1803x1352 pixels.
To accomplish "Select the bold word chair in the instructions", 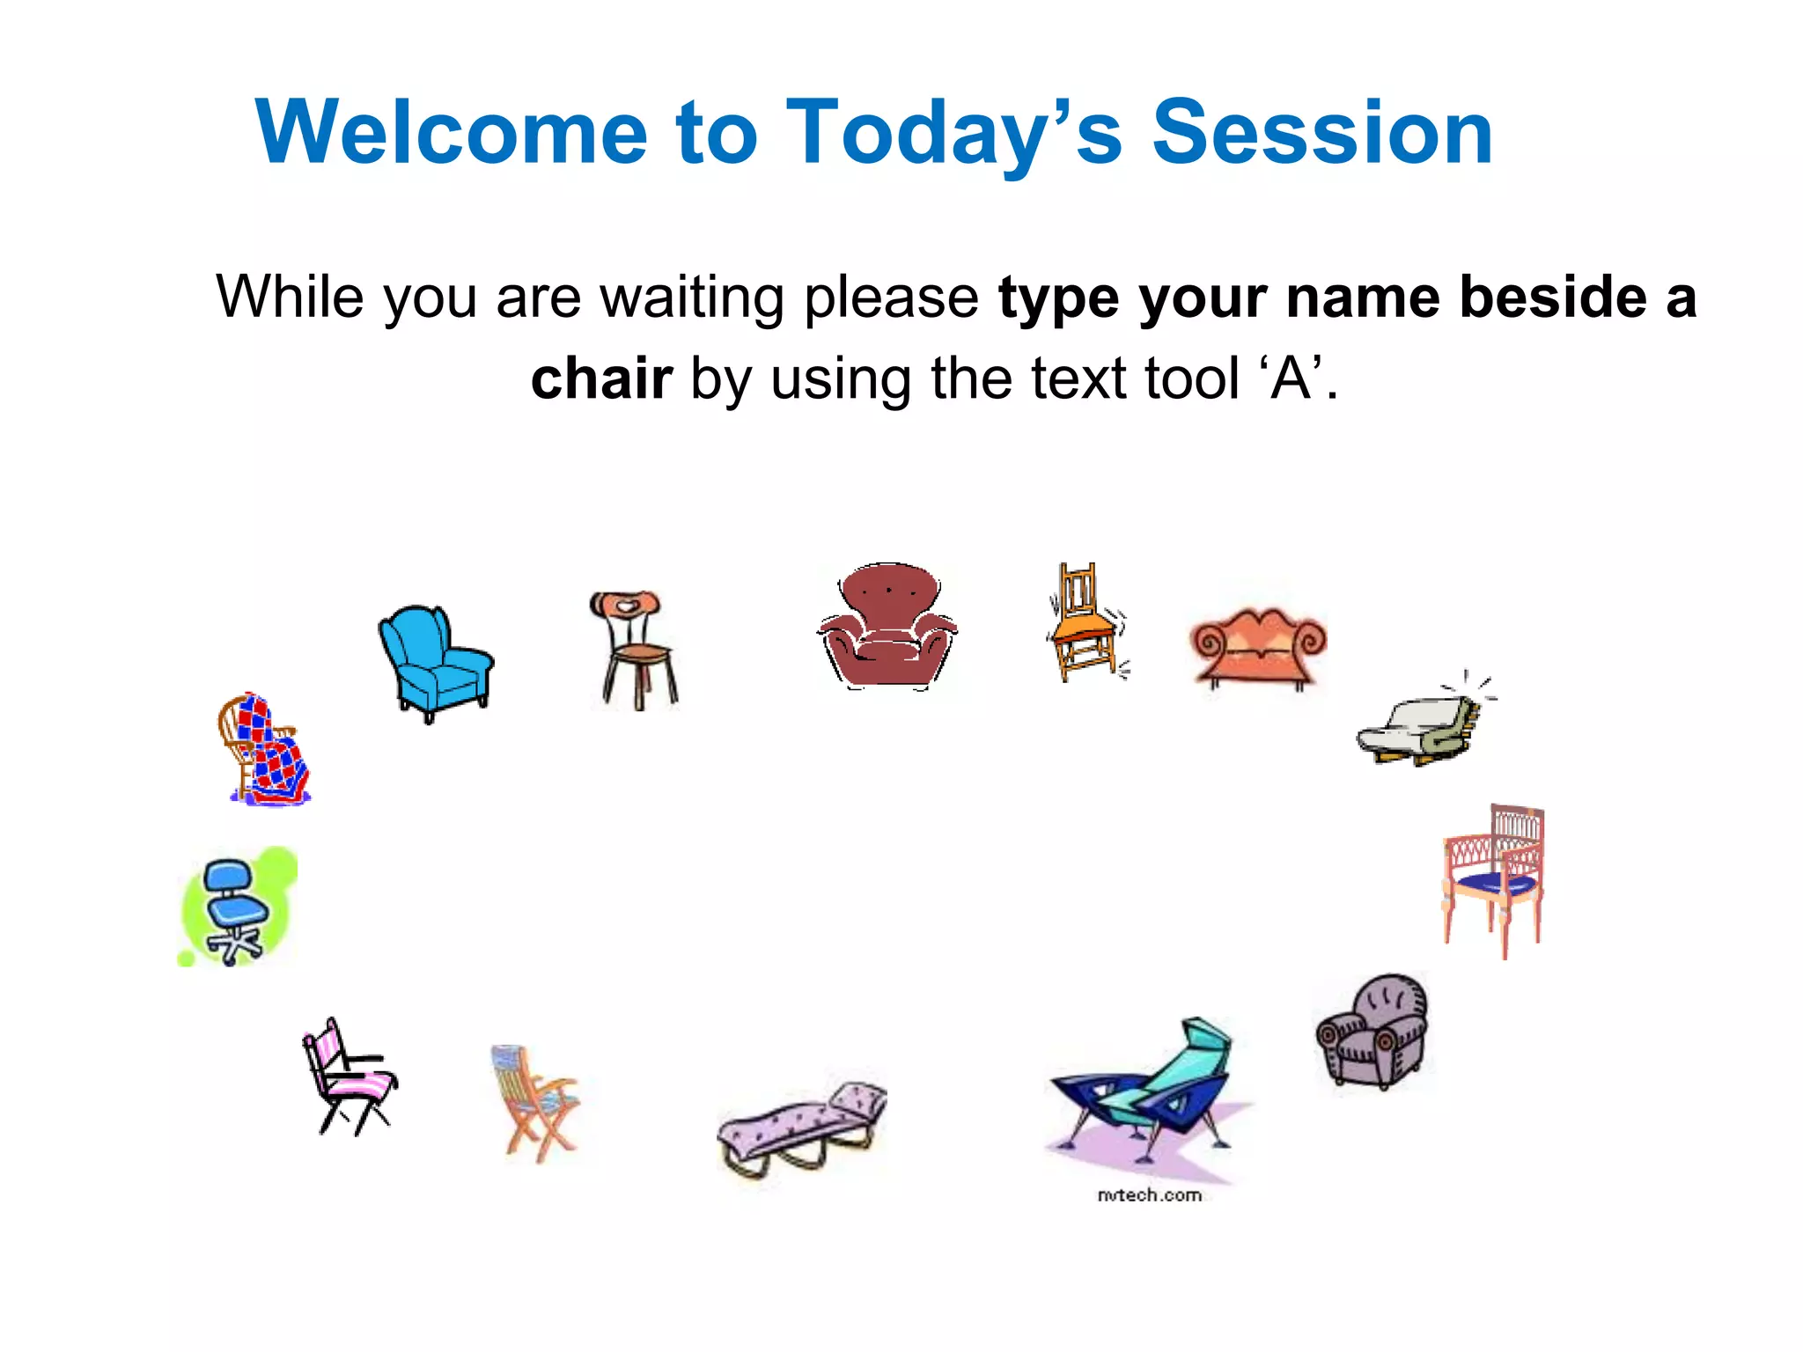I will click(601, 378).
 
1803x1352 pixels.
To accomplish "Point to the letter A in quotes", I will click(1292, 378).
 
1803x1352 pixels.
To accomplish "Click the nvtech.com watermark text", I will click(1149, 1194).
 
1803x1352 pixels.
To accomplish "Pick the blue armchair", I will click(436, 663).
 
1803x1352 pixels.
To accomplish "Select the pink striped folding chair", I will click(350, 1076).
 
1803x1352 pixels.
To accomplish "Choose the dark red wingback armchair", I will click(887, 626).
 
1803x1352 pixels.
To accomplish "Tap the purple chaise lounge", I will click(801, 1128).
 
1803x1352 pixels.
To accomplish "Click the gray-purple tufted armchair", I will click(1372, 1031).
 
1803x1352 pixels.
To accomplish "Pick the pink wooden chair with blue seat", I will click(1494, 879).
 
